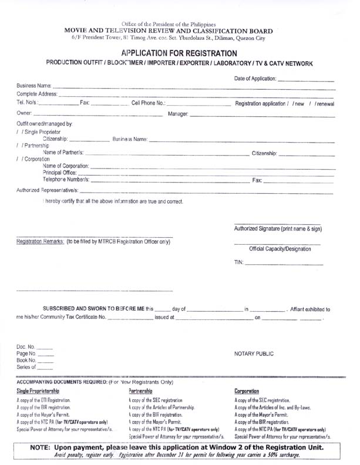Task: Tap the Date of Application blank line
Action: [305, 79]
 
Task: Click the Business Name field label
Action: [35, 87]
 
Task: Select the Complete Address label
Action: [37, 95]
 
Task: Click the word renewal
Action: [324, 104]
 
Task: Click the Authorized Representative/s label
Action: [46, 191]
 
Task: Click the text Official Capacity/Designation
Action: [280, 249]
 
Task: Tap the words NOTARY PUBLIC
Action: [254, 355]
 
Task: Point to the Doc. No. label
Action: [26, 348]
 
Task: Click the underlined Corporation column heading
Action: [247, 391]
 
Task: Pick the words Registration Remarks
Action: [41, 242]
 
